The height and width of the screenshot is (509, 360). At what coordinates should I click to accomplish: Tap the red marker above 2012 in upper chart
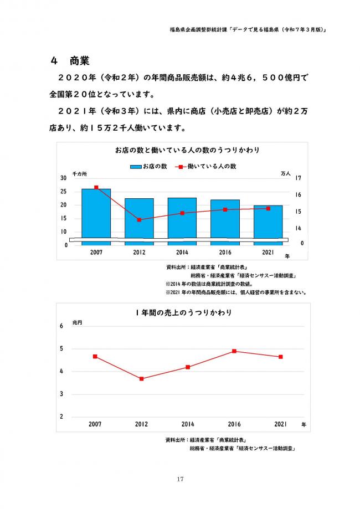(139, 220)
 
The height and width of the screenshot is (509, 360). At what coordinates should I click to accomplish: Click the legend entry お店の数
(149, 166)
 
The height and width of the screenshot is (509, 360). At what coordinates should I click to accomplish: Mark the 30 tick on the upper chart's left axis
(64, 178)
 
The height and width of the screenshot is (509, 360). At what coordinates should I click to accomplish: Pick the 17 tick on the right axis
(299, 178)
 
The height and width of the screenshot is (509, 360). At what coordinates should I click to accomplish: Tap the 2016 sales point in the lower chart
(234, 351)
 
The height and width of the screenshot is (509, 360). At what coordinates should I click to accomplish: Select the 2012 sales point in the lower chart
(142, 379)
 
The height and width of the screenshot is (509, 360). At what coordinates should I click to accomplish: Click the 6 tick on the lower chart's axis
(61, 326)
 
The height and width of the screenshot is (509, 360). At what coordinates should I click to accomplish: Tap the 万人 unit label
(286, 173)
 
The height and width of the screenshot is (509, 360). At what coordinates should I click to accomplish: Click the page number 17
(180, 479)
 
